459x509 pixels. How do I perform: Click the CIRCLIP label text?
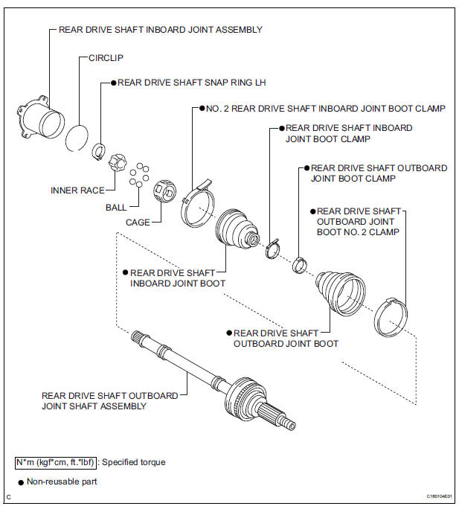pyautogui.click(x=107, y=57)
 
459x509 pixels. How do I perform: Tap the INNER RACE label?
pyautogui.click(x=77, y=191)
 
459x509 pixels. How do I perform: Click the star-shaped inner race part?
pyautogui.click(x=118, y=161)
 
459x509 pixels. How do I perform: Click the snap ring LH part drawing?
pyautogui.click(x=97, y=153)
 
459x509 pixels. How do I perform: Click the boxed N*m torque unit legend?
pyautogui.click(x=54, y=462)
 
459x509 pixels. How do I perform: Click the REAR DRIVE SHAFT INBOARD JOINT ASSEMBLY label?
pyautogui.click(x=160, y=30)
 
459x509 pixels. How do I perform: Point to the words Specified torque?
pyautogui.click(x=134, y=462)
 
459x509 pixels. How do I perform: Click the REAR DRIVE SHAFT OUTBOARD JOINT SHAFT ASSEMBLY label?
pyautogui.click(x=109, y=401)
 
